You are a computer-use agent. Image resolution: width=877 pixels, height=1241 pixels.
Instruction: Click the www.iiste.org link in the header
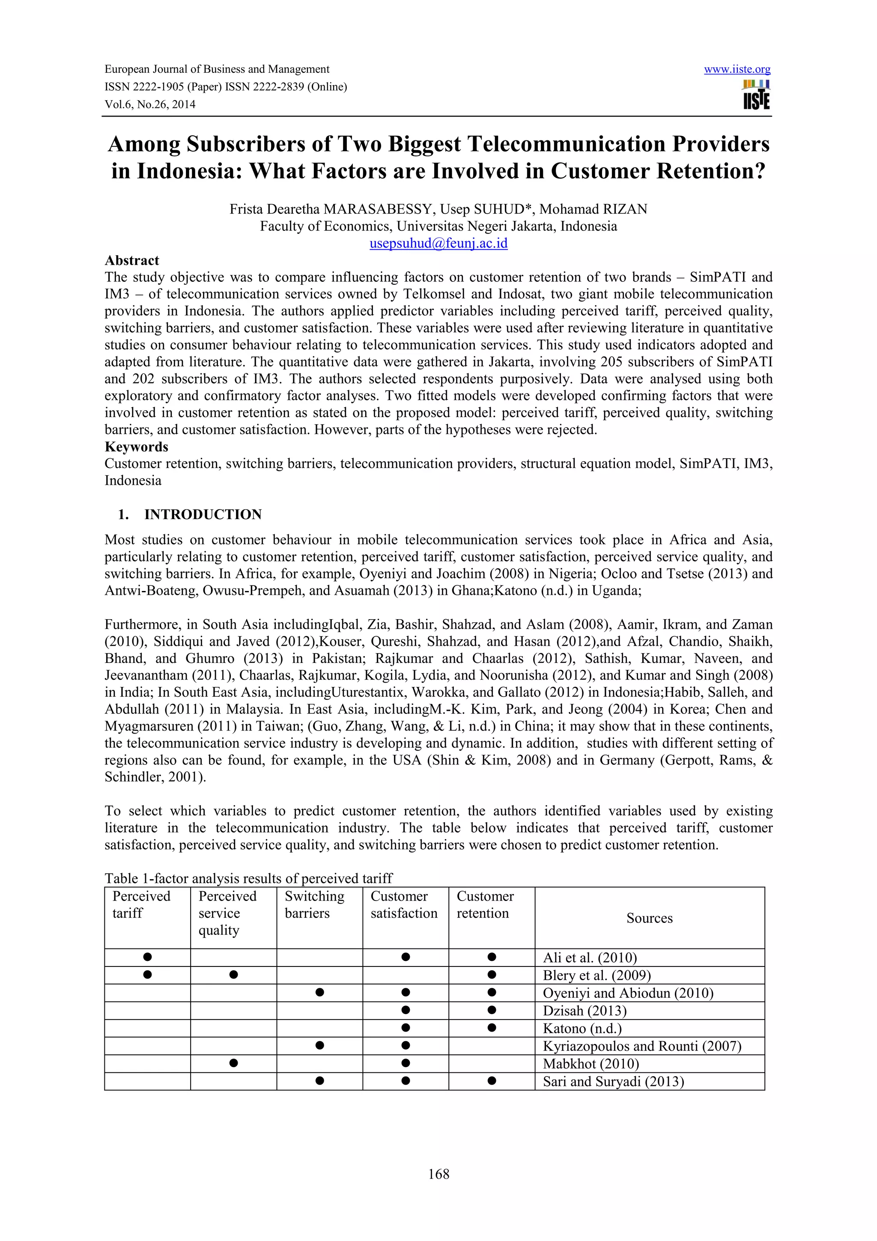coord(737,69)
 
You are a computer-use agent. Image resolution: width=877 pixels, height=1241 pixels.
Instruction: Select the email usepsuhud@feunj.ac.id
coord(438,243)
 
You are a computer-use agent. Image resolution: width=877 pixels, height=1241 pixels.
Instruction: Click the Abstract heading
coord(132,260)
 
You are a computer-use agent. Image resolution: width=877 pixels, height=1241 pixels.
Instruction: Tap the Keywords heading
coord(136,447)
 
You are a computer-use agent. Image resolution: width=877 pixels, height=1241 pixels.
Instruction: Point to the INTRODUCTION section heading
coord(203,514)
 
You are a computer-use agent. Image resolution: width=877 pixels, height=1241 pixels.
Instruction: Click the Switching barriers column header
coord(314,905)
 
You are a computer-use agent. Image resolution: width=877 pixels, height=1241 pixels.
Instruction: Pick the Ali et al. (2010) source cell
coord(590,958)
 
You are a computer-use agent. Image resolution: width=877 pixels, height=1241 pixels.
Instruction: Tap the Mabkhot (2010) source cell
coord(591,1064)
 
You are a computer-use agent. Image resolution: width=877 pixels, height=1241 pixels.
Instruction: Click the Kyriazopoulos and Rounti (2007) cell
coord(641,1046)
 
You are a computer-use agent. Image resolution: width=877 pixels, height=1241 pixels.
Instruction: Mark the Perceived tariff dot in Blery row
coord(147,975)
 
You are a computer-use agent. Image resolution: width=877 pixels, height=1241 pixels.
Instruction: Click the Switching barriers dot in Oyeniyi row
coord(319,992)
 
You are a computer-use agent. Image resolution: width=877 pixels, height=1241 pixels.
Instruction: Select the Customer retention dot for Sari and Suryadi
coord(492,1081)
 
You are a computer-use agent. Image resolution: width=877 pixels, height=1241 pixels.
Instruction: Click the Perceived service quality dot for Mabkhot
coord(233,1063)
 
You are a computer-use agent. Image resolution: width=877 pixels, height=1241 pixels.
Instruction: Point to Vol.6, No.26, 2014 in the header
coord(150,104)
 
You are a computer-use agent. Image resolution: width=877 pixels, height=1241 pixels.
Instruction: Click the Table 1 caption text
coord(248,878)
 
